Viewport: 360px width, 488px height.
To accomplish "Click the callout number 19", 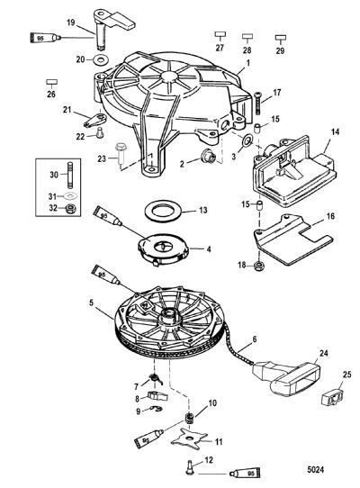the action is tap(71, 23).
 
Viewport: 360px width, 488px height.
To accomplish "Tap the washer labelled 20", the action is tap(99, 59).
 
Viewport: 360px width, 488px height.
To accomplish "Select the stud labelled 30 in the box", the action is tap(70, 175).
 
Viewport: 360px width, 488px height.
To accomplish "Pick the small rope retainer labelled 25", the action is tap(332, 398).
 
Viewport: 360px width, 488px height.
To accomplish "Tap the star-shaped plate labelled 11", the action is tap(189, 438).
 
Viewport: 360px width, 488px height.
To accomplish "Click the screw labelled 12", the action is tap(190, 467).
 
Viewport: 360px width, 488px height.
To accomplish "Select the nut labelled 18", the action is tap(258, 266).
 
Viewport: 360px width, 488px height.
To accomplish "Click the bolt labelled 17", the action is tap(258, 103).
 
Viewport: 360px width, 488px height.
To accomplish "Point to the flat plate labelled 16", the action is tap(292, 239).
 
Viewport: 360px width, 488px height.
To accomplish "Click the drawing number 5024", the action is tap(316, 469).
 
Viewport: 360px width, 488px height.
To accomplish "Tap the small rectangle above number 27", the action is tap(220, 34).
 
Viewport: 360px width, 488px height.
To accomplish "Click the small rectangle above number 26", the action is tap(51, 82).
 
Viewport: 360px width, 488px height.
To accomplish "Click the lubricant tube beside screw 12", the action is tap(245, 474).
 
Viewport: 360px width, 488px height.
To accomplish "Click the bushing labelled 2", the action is tap(208, 155).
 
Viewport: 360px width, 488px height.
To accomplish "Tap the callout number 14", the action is tap(335, 131).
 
